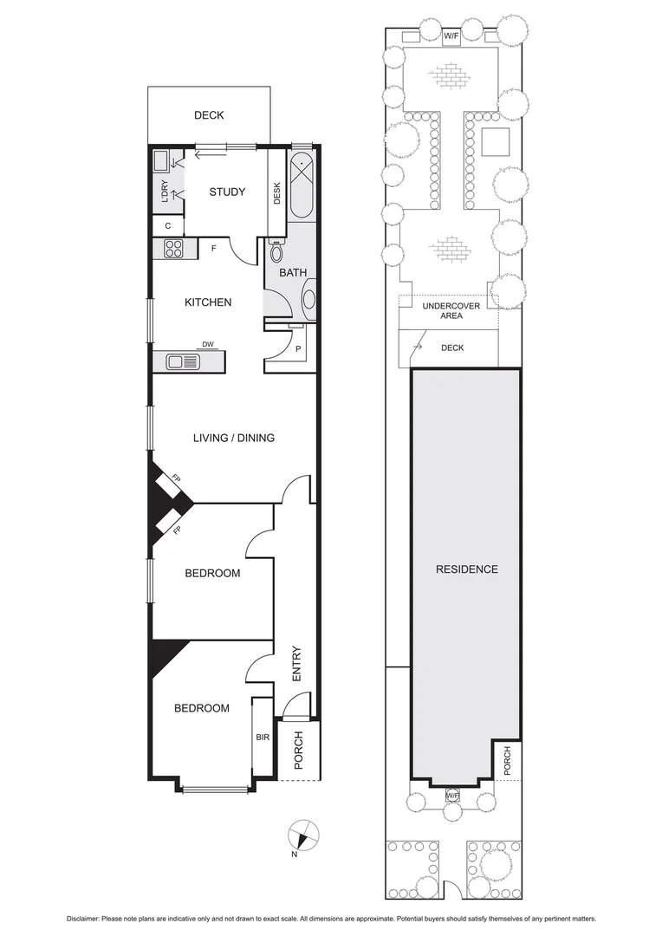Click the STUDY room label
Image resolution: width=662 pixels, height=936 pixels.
click(x=227, y=192)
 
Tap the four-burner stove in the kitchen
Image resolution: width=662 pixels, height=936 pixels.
click(x=172, y=249)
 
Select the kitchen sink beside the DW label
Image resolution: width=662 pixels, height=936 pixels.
click(x=184, y=361)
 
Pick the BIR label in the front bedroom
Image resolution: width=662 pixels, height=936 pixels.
click(x=263, y=737)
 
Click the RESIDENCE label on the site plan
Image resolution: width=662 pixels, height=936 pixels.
click(x=466, y=569)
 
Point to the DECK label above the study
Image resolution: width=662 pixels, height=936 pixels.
click(x=209, y=115)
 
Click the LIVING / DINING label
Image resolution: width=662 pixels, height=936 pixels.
click(x=233, y=438)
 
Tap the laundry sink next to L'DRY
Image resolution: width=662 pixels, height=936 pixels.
click(x=161, y=161)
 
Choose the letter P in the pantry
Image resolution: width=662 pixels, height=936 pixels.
click(x=299, y=351)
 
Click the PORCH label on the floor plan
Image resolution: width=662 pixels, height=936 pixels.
click(x=298, y=751)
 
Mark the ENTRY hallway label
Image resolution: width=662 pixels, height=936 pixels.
click(x=296, y=663)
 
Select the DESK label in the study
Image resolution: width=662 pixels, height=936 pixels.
click(x=277, y=192)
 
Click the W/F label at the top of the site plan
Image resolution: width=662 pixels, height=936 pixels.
click(x=451, y=36)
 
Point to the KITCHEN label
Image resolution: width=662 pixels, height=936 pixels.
click(x=208, y=302)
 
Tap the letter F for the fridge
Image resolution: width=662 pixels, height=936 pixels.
click(x=213, y=249)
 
